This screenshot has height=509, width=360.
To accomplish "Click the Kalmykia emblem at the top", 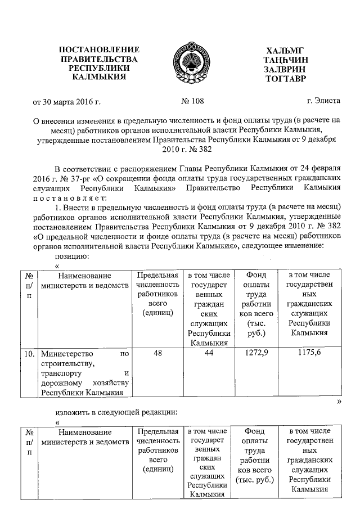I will click(180, 62).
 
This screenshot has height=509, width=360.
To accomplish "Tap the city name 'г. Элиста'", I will click(323, 101).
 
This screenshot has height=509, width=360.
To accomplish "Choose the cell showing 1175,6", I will click(308, 353).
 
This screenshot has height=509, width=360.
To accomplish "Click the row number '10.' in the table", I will click(29, 354).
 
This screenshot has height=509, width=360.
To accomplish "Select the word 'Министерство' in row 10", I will click(66, 354).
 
